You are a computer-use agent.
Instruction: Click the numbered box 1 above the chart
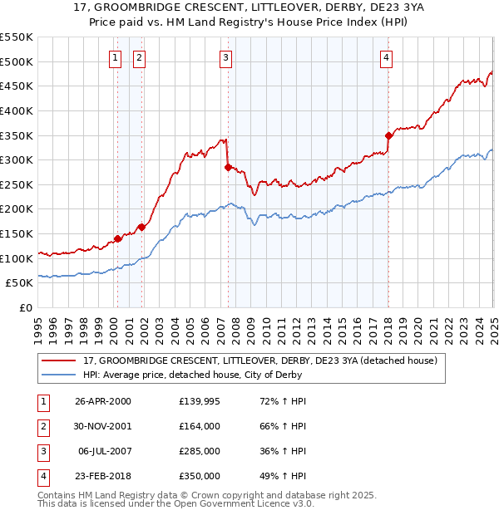pos(114,57)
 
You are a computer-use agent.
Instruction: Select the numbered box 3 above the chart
pos(225,57)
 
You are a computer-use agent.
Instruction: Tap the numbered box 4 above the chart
pos(387,57)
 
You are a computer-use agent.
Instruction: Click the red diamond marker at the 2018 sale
pos(388,135)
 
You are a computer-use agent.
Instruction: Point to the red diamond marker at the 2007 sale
pos(228,167)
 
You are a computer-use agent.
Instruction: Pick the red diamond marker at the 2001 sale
pos(142,227)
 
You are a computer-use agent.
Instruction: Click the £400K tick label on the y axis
pos(17,110)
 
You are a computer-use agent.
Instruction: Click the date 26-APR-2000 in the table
pos(103,402)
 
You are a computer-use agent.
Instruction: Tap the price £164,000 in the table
pos(200,427)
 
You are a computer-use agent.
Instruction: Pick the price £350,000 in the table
pos(200,477)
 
